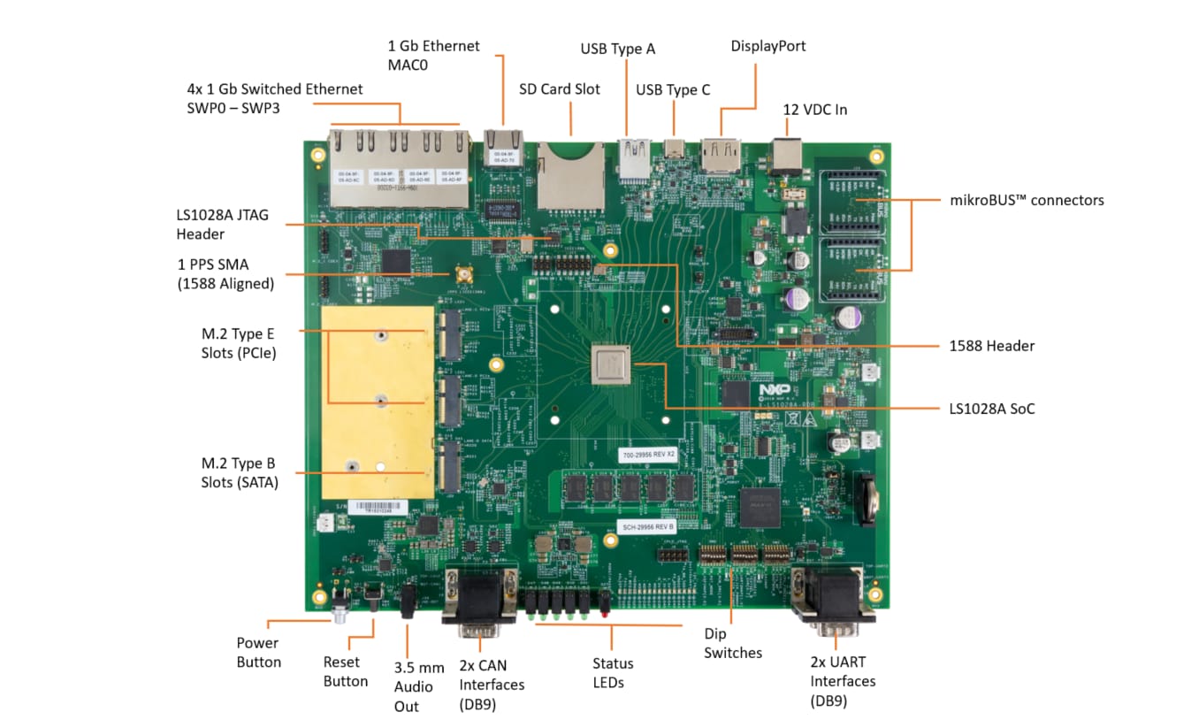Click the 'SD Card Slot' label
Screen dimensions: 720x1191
point(559,89)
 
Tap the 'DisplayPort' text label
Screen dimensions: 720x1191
point(768,46)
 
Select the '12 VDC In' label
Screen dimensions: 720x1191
point(814,110)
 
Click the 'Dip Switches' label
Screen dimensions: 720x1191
point(733,643)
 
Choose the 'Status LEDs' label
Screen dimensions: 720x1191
point(613,672)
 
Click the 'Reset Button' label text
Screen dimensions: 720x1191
point(346,671)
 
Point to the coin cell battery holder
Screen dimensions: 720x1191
point(867,495)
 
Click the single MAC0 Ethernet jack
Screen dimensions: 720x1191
point(504,147)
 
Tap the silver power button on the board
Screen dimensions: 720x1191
point(338,611)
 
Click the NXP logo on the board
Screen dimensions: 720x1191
point(769,389)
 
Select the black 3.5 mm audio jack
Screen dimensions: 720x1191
point(408,601)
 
